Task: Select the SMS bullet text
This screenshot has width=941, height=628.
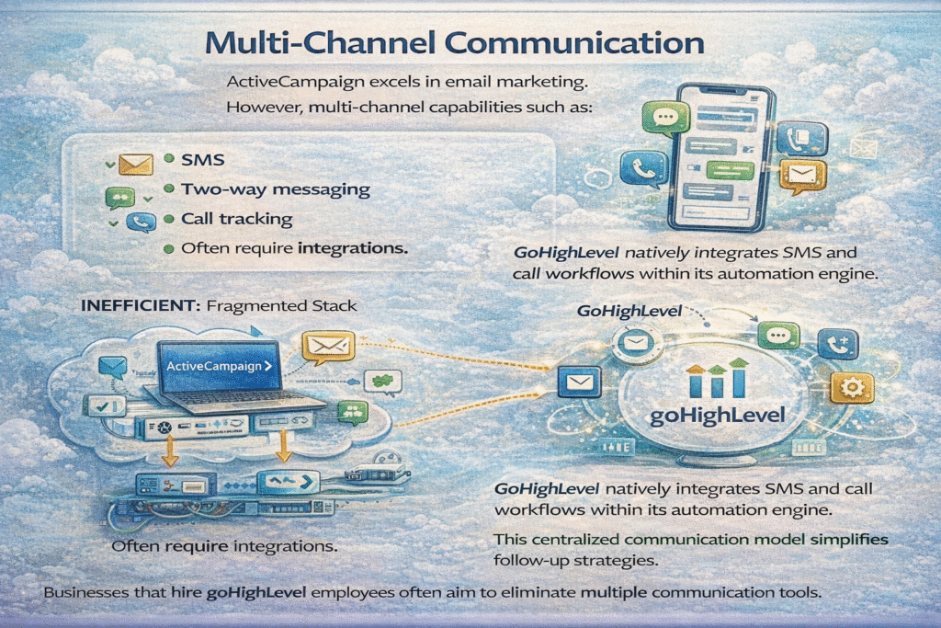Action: point(201,160)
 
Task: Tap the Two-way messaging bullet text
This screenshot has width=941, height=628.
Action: point(276,190)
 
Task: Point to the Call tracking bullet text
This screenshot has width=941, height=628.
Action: point(237,220)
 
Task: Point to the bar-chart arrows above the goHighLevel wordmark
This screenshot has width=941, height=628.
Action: point(718,379)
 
